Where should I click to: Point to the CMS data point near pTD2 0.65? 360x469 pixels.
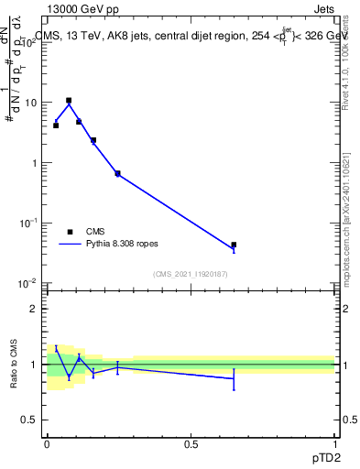(x=234, y=245)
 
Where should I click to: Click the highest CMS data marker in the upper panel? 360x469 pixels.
(x=69, y=101)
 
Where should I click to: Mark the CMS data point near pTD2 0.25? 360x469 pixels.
(x=117, y=173)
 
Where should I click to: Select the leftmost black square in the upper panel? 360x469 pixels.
(x=56, y=125)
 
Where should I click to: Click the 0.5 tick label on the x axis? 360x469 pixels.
(x=191, y=443)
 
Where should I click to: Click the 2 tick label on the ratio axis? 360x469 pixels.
(x=34, y=309)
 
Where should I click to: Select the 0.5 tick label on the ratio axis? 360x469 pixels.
(x=30, y=420)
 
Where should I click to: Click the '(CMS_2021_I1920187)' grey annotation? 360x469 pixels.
(x=191, y=274)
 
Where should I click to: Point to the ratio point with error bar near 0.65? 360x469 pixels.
(x=234, y=378)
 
